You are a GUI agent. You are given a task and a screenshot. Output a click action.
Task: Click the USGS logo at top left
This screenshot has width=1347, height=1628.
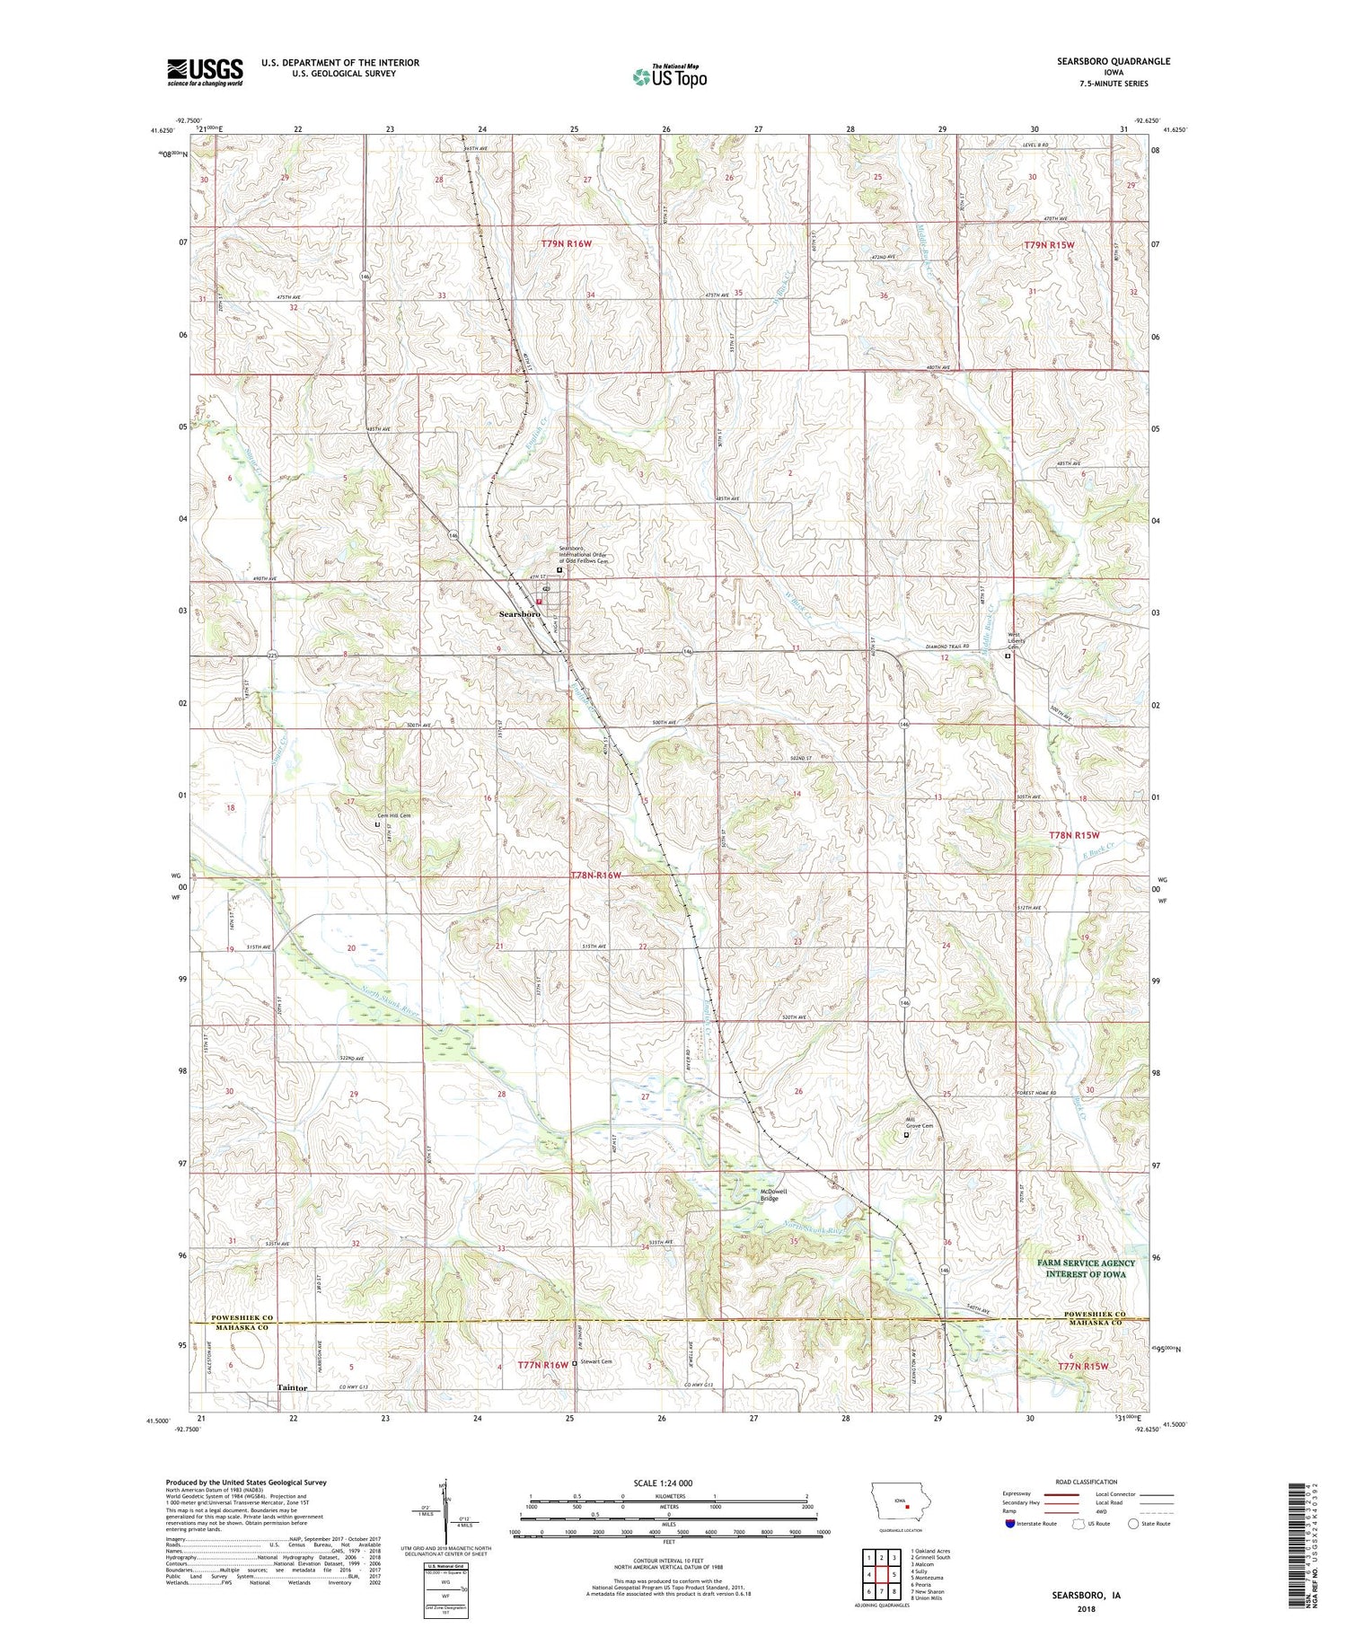[x=205, y=72]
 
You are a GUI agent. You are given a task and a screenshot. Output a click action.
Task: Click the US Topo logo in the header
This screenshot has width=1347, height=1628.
[x=669, y=77]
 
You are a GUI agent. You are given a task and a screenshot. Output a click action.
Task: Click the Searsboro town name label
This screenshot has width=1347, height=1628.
[x=520, y=613]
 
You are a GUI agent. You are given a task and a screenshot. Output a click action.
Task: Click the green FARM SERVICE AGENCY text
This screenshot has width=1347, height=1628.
[x=1086, y=1263]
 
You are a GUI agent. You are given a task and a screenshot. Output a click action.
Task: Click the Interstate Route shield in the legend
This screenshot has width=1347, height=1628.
[x=1009, y=1523]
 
